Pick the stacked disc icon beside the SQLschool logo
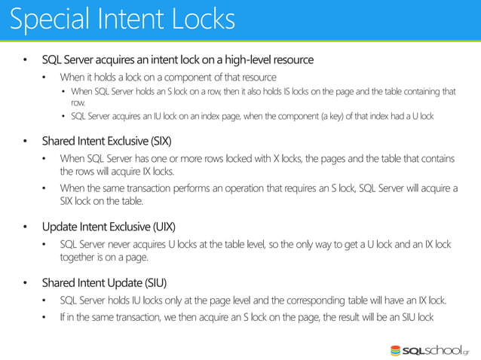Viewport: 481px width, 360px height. pyautogui.click(x=397, y=350)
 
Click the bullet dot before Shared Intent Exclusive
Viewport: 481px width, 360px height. pyautogui.click(x=25, y=142)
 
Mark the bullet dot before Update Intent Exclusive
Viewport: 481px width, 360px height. pyautogui.click(x=25, y=227)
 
